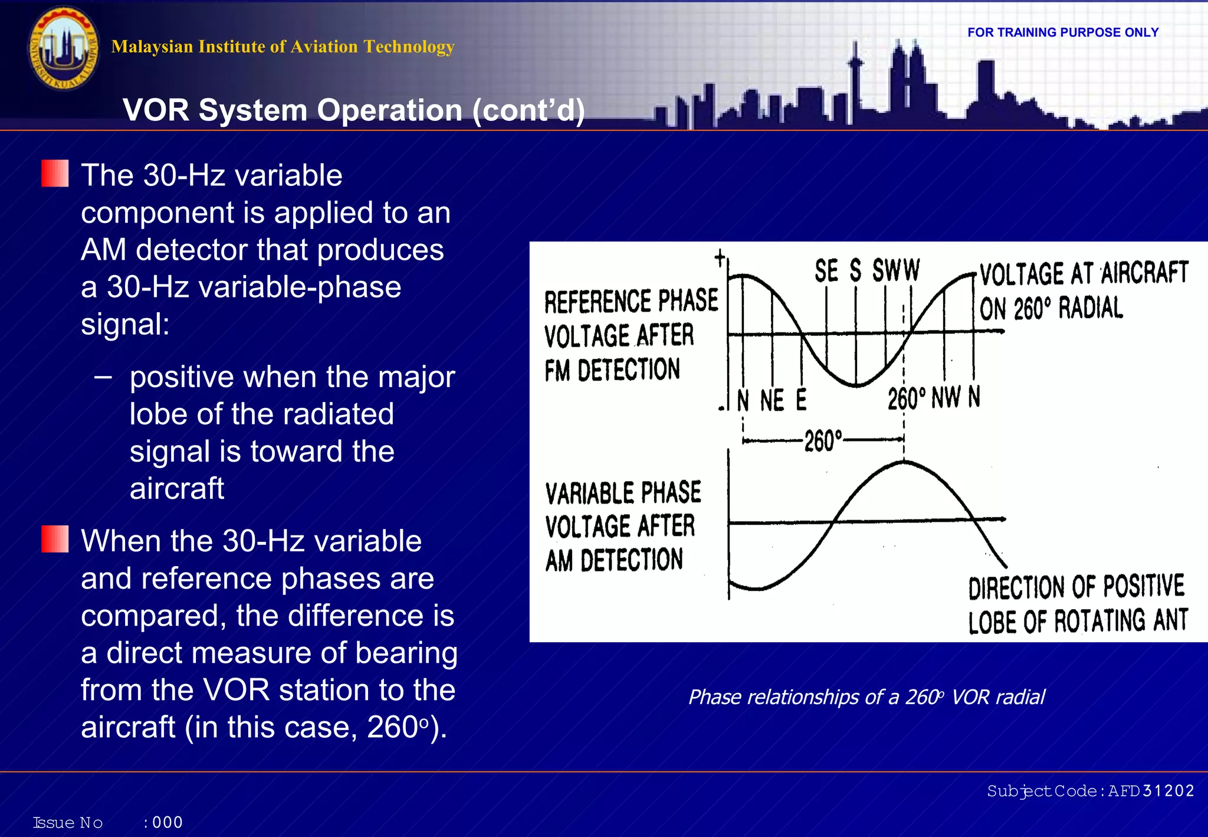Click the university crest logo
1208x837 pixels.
coord(64,48)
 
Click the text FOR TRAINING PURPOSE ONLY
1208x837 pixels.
coord(1063,32)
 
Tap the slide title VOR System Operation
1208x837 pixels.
coord(353,110)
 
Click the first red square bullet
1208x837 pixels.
coord(55,174)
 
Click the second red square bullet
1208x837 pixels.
coord(55,540)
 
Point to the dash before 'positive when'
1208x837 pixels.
coord(103,377)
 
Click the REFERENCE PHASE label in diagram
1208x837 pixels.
coord(631,301)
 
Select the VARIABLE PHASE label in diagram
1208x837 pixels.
coord(623,493)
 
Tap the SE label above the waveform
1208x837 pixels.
coord(826,271)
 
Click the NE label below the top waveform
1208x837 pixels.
coord(772,401)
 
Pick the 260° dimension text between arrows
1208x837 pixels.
coord(823,440)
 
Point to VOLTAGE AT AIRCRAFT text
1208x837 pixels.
coord(1084,274)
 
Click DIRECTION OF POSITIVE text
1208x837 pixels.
coord(1076,587)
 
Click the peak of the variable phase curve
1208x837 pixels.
coord(904,463)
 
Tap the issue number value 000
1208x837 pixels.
coord(168,822)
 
